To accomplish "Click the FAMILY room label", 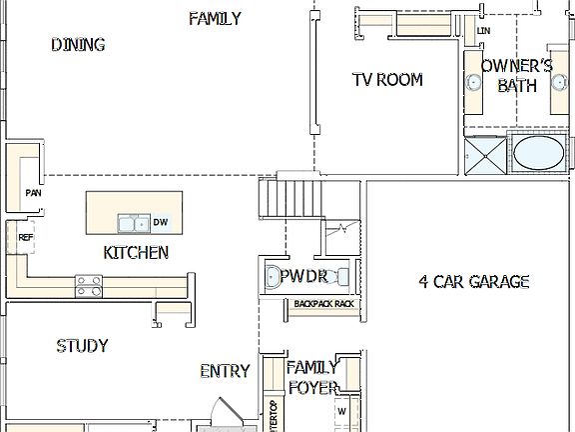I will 215,18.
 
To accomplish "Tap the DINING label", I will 78,44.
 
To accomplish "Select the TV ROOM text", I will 387,80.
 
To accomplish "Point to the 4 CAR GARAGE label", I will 473,282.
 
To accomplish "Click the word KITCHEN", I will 136,253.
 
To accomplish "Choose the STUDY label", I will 82,346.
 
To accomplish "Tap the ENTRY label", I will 225,371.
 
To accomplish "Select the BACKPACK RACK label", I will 323,303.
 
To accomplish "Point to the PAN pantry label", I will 33,193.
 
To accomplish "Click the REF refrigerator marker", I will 26,237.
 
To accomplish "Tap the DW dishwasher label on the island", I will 160,222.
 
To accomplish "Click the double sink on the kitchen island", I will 131,222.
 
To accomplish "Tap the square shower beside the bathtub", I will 485,156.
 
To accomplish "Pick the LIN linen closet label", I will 484,32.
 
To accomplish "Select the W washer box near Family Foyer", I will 341,410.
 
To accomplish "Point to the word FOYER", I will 311,387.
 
